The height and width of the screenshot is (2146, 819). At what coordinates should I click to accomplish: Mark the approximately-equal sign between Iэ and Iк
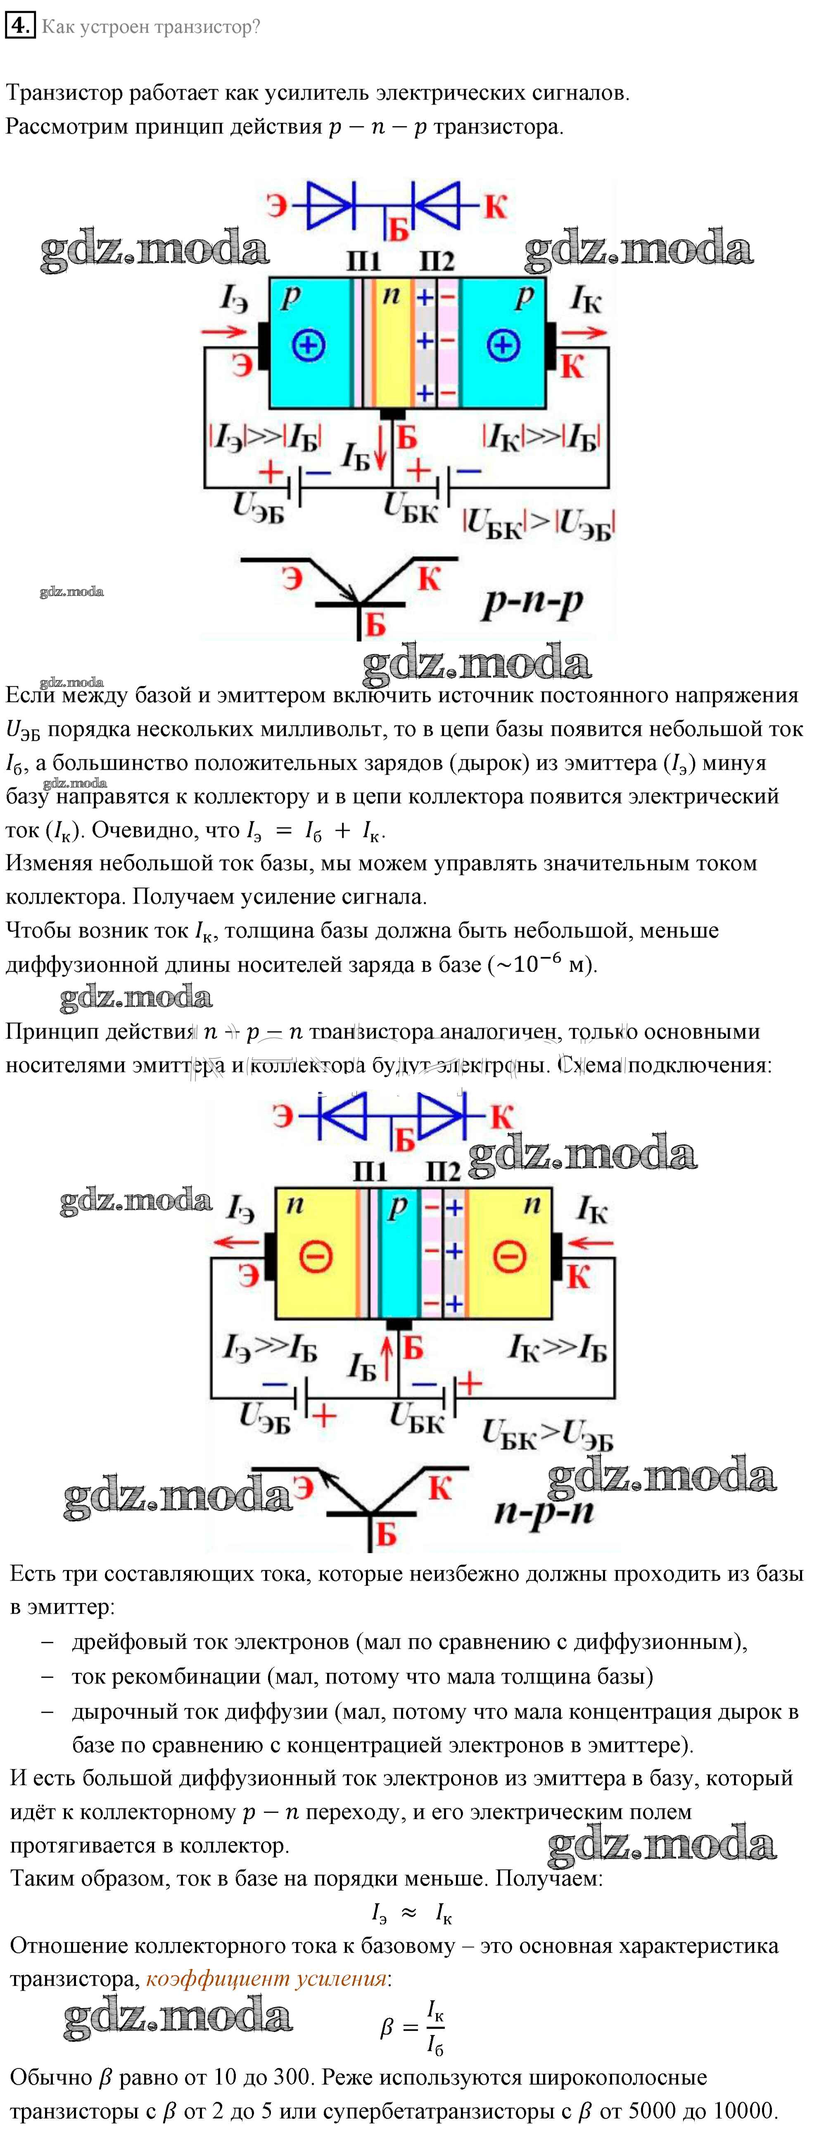408,1913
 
